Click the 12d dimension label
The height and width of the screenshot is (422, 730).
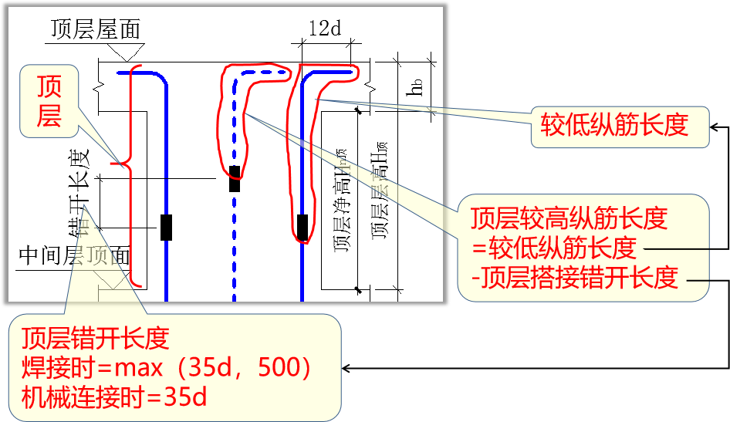point(324,29)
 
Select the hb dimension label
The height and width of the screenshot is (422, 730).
point(417,86)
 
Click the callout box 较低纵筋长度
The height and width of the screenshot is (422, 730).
point(620,125)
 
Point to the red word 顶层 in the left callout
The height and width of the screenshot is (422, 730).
point(50,102)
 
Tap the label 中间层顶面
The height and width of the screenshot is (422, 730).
point(73,256)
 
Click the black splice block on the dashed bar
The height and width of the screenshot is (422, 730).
point(235,178)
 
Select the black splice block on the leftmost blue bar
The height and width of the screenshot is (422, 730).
point(166,227)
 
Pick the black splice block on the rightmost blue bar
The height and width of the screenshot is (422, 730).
point(303,228)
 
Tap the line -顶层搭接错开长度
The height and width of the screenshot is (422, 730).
point(579,276)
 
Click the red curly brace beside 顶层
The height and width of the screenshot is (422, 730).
point(123,163)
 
